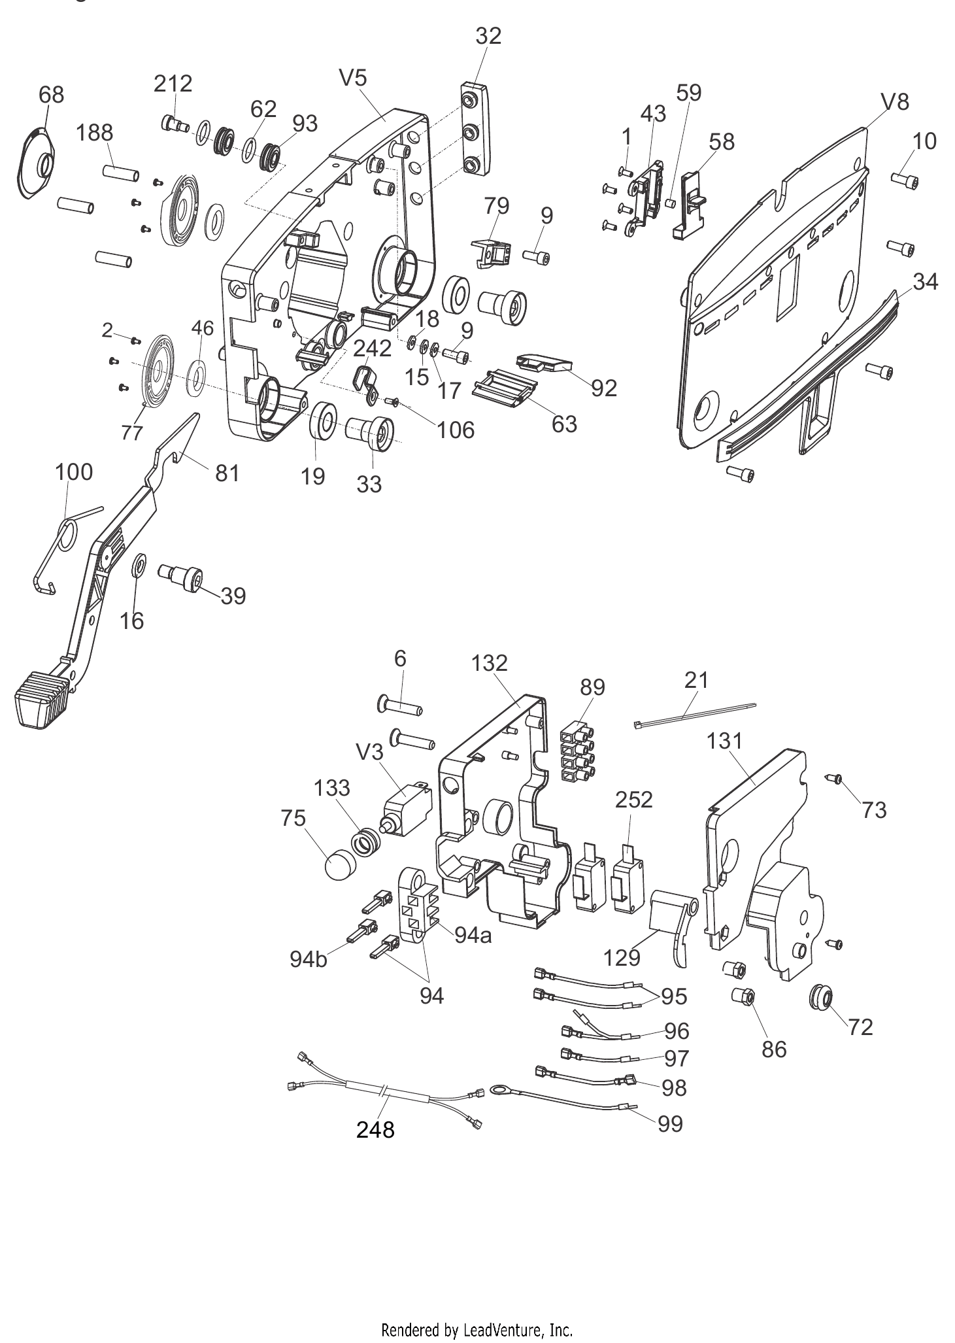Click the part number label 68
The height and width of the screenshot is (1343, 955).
click(x=52, y=95)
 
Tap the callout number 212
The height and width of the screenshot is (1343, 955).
click(x=173, y=84)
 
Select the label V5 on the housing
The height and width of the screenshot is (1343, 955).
click(x=353, y=78)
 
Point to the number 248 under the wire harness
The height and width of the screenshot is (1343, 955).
click(x=375, y=1129)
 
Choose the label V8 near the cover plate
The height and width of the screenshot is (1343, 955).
click(x=895, y=102)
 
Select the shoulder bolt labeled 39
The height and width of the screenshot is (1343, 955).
click(x=182, y=575)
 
